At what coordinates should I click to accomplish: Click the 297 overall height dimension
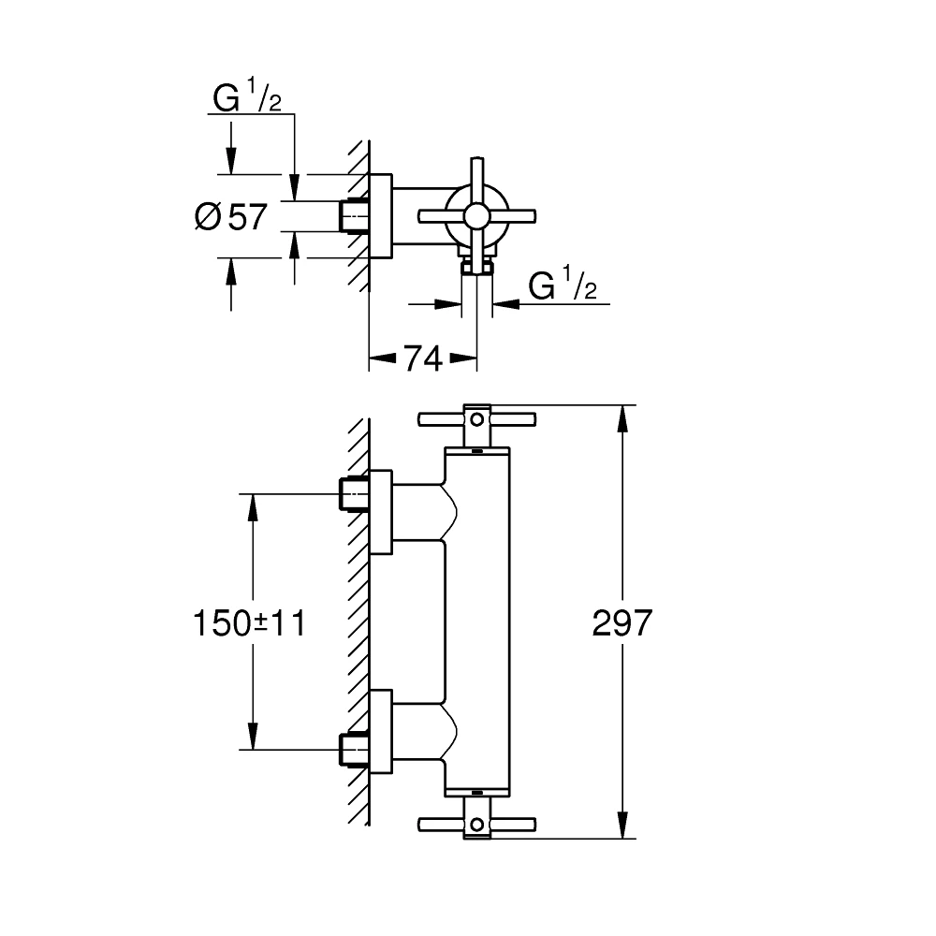(x=621, y=622)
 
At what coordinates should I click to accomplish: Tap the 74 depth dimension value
(x=422, y=358)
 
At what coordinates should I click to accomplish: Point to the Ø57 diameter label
(x=231, y=217)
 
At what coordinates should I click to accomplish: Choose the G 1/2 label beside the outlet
(x=563, y=286)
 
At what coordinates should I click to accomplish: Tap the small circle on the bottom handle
(x=477, y=825)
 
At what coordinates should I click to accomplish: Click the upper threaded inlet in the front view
(x=353, y=493)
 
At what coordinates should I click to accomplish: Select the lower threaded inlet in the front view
(x=353, y=749)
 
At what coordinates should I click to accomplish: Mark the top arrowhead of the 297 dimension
(x=621, y=417)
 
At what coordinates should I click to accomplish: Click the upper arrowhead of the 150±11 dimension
(x=251, y=505)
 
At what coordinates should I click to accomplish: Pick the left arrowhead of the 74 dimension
(x=379, y=358)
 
